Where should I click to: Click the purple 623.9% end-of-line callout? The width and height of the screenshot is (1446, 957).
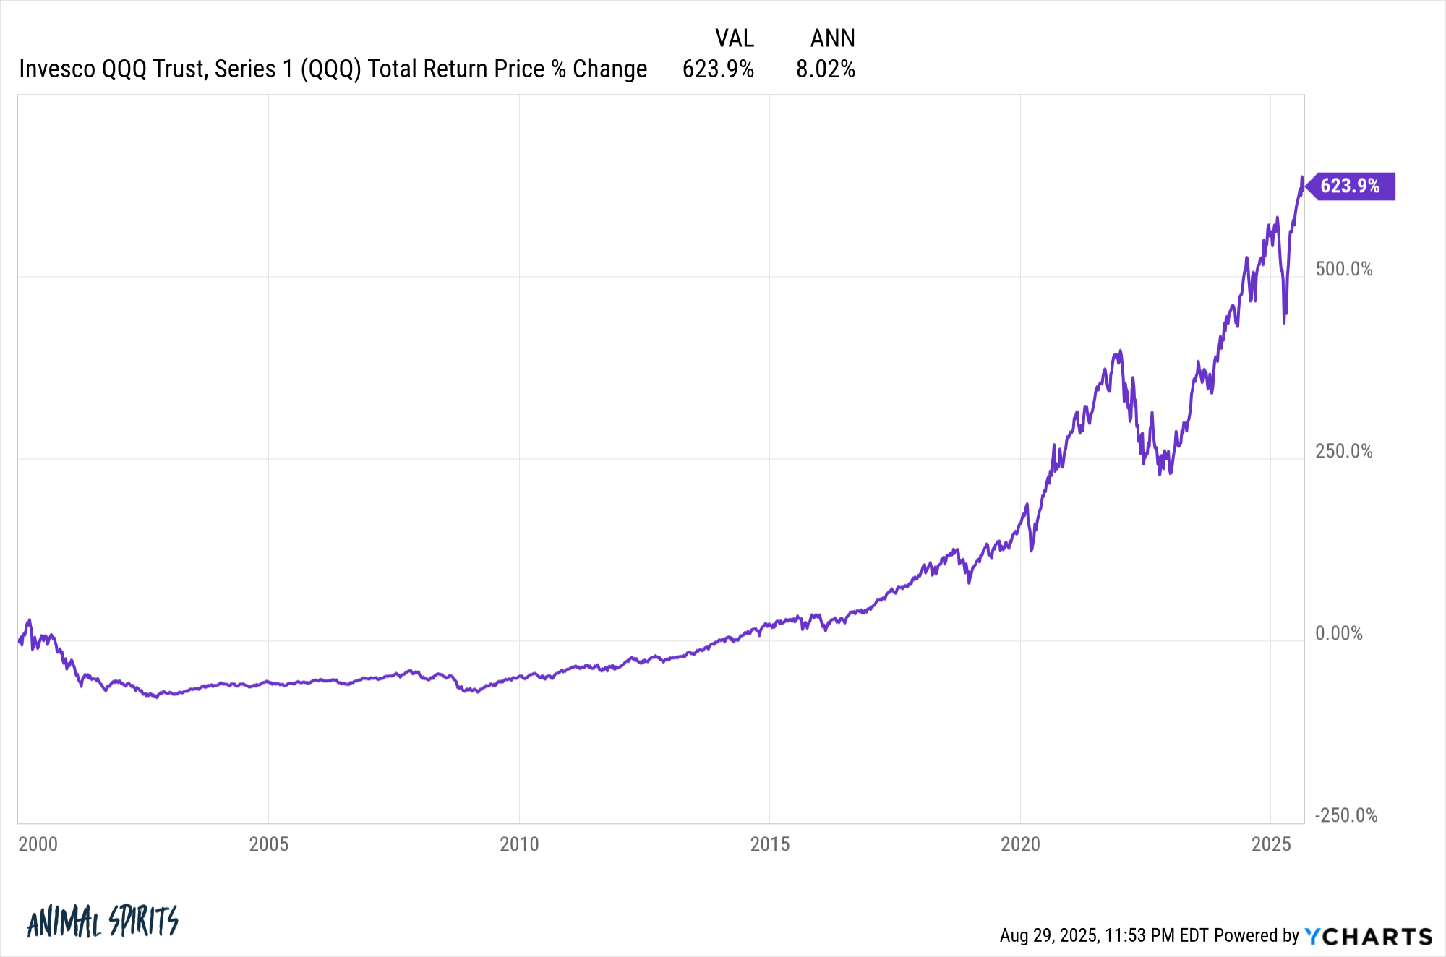coord(1351,186)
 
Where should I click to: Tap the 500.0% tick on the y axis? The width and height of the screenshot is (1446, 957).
coord(1343,270)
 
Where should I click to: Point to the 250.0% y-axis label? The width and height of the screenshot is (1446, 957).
coord(1343,452)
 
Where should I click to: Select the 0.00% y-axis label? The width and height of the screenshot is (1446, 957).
coord(1338,634)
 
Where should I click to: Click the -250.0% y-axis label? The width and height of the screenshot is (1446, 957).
coord(1346,816)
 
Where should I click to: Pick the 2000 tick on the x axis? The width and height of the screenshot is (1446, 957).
coord(38,844)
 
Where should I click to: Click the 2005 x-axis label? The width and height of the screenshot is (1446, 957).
coord(268,844)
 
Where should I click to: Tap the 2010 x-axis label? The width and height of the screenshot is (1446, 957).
coord(519,844)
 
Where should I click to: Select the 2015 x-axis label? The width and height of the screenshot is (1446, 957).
coord(770,844)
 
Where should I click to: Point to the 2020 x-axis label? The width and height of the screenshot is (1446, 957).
coord(1020,844)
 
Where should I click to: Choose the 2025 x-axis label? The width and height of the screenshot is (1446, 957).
coord(1271,844)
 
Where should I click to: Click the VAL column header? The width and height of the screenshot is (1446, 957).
coord(734,38)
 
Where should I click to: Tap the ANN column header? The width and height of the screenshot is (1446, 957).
coord(832,38)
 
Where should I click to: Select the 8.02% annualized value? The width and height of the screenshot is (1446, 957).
coord(825,69)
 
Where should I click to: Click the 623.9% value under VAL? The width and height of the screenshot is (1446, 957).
coord(718,69)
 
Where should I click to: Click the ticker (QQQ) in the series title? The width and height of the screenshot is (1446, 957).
coord(330,69)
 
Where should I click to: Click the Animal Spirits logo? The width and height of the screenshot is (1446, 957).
coord(102,922)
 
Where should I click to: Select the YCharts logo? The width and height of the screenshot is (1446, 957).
coord(1368,937)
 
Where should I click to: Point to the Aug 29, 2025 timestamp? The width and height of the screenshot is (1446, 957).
coord(1049,936)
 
